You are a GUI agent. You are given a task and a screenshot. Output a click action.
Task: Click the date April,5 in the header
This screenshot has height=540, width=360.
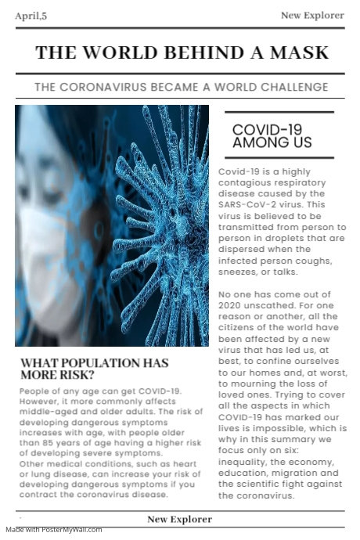pyautogui.click(x=31, y=16)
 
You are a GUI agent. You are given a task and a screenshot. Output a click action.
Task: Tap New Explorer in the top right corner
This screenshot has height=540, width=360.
pyautogui.click(x=312, y=15)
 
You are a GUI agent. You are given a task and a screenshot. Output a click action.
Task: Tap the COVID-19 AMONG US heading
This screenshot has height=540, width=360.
pyautogui.click(x=272, y=136)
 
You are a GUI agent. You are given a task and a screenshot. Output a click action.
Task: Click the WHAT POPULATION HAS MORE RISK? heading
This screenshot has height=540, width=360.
pyautogui.click(x=94, y=369)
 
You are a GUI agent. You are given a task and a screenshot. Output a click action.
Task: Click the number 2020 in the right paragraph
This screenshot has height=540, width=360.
pyautogui.click(x=232, y=305)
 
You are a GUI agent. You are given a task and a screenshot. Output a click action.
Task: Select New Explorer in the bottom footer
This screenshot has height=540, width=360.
pyautogui.click(x=179, y=519)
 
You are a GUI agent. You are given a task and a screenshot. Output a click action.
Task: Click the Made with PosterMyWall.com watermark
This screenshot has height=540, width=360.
pyautogui.click(x=53, y=530)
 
